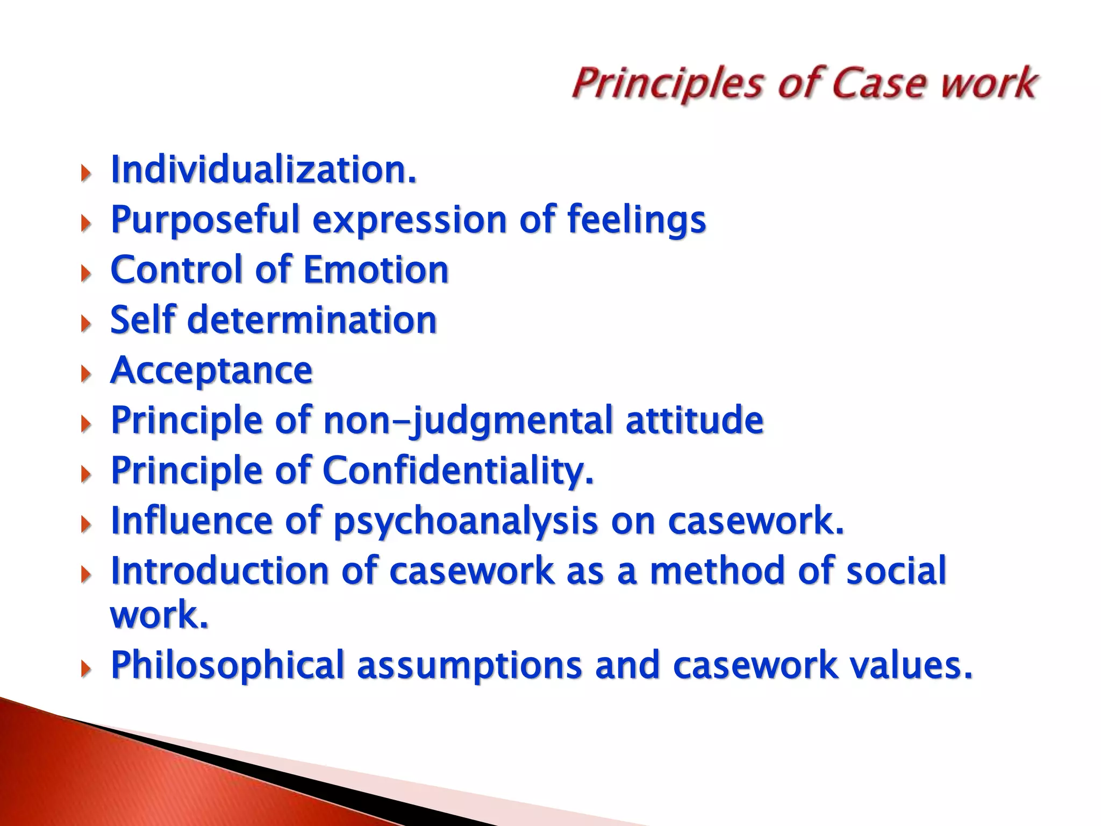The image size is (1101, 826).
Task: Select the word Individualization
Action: [263, 170]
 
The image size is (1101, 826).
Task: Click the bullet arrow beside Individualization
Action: [85, 173]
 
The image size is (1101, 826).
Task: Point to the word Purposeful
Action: [204, 220]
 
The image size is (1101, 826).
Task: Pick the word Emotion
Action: [376, 270]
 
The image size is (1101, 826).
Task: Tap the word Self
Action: [143, 320]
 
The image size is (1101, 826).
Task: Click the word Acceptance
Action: [211, 371]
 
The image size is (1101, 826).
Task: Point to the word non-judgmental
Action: [468, 421]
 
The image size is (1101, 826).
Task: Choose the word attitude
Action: [694, 421]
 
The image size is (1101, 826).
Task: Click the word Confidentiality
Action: [458, 471]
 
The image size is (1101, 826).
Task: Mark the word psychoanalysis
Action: [466, 521]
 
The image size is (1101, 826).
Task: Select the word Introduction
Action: [219, 571]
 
